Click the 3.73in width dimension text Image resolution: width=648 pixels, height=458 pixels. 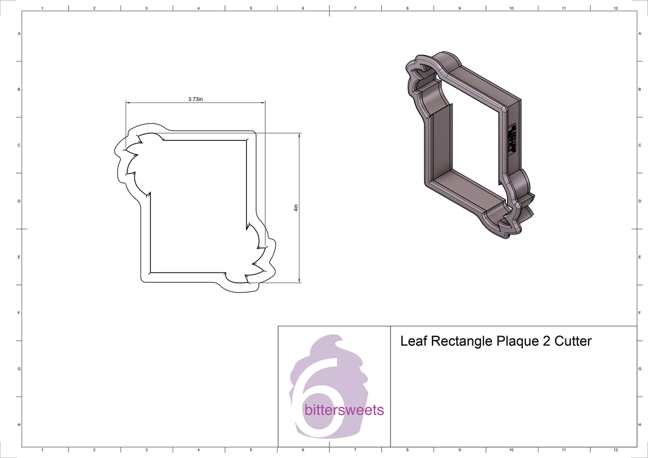coord(195,99)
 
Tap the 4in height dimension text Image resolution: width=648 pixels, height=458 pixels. coord(296,208)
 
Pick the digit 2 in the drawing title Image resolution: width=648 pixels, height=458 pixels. coord(544,341)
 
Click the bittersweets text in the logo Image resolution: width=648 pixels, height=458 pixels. coord(345,411)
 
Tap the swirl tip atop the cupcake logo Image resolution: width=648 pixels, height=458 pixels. coord(337,339)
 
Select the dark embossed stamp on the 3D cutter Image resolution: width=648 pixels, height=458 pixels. coord(512,139)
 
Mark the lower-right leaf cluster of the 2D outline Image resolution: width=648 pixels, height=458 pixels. coord(258,254)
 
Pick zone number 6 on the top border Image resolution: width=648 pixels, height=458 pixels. coord(303,8)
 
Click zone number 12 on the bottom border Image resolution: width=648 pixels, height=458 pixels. coord(616,450)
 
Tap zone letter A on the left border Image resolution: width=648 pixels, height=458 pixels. coord(19,33)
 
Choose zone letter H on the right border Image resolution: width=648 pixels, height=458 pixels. coord(639,425)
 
